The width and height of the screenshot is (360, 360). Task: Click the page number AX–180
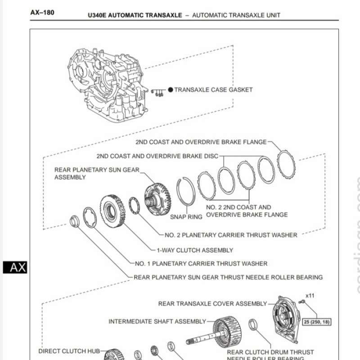point(42,13)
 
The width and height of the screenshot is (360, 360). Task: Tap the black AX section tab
point(15,267)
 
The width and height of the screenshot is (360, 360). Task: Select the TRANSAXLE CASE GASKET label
point(213,90)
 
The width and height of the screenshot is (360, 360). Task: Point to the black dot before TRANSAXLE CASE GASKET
point(171,90)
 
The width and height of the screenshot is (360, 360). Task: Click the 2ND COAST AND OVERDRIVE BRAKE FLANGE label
point(201,142)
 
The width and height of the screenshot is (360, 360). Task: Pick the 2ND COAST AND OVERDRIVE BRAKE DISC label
point(157,156)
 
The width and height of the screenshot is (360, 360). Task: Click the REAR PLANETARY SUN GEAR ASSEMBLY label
point(97,173)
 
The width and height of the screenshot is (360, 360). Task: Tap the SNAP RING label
point(186,216)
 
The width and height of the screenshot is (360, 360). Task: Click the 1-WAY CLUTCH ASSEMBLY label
point(194,250)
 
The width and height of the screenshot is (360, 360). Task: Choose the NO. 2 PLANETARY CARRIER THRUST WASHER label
point(231,235)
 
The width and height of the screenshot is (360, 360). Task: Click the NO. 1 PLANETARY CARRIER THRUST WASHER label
point(201,263)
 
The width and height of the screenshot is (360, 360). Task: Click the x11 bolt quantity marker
point(310,295)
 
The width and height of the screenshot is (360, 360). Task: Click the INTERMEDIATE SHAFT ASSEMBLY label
point(157,321)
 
